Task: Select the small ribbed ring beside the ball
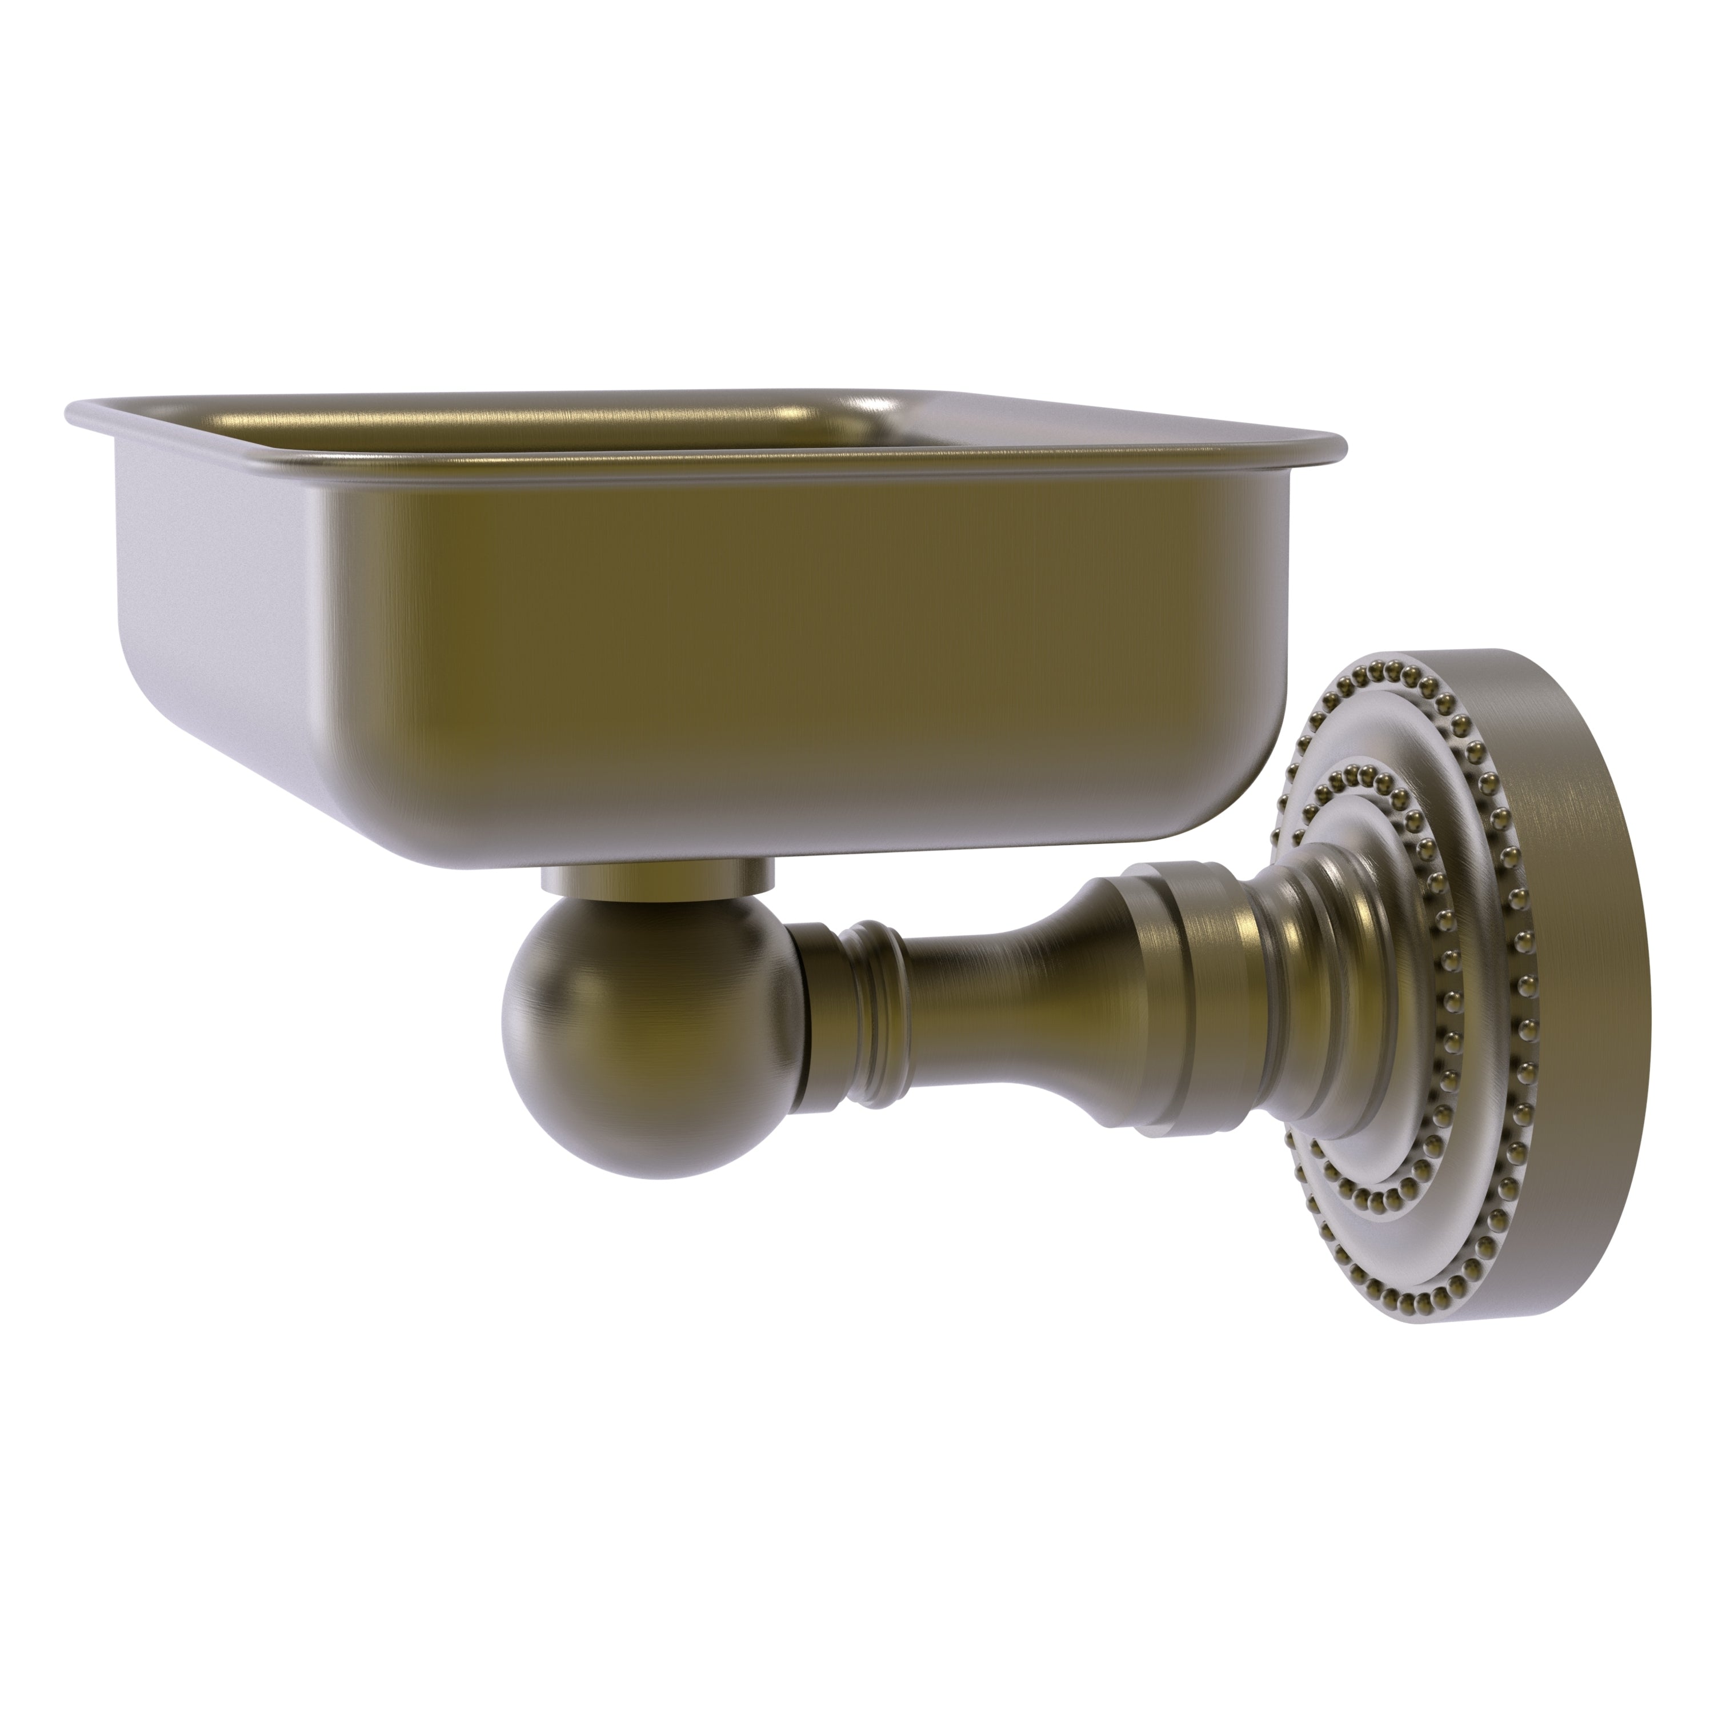[874, 1003]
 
